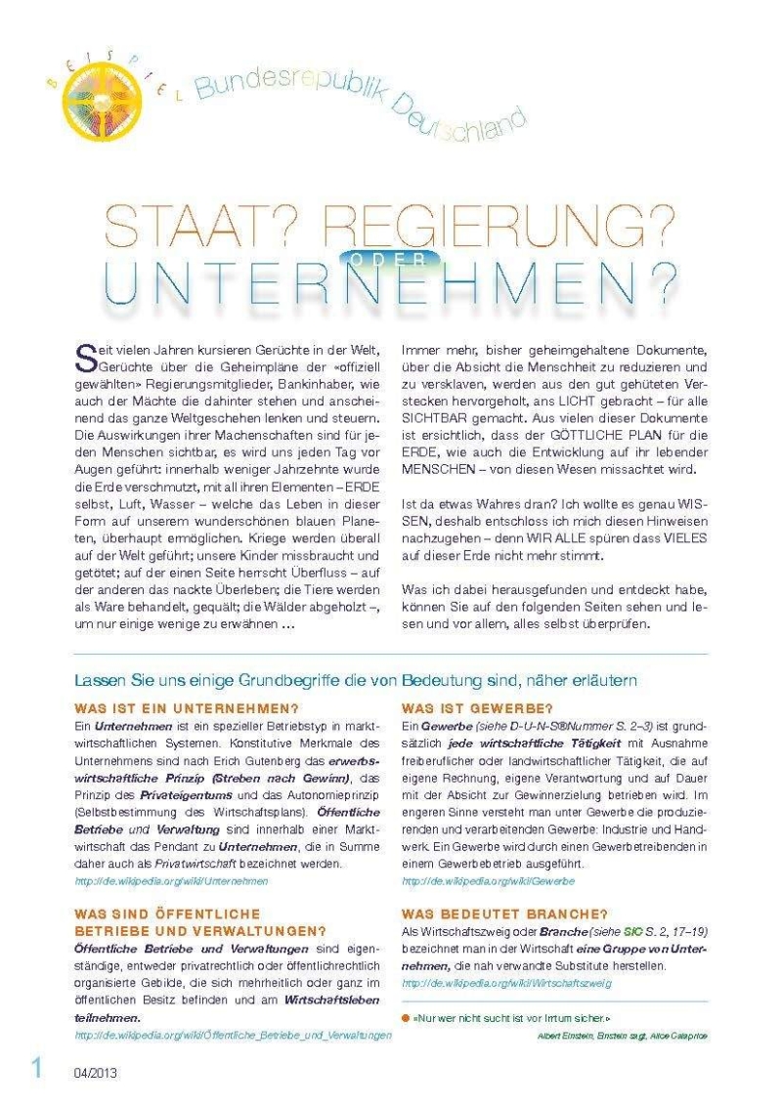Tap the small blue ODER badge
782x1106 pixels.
(x=391, y=259)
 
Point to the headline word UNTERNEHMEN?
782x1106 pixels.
(x=391, y=282)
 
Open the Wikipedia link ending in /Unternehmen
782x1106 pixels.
(x=171, y=880)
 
